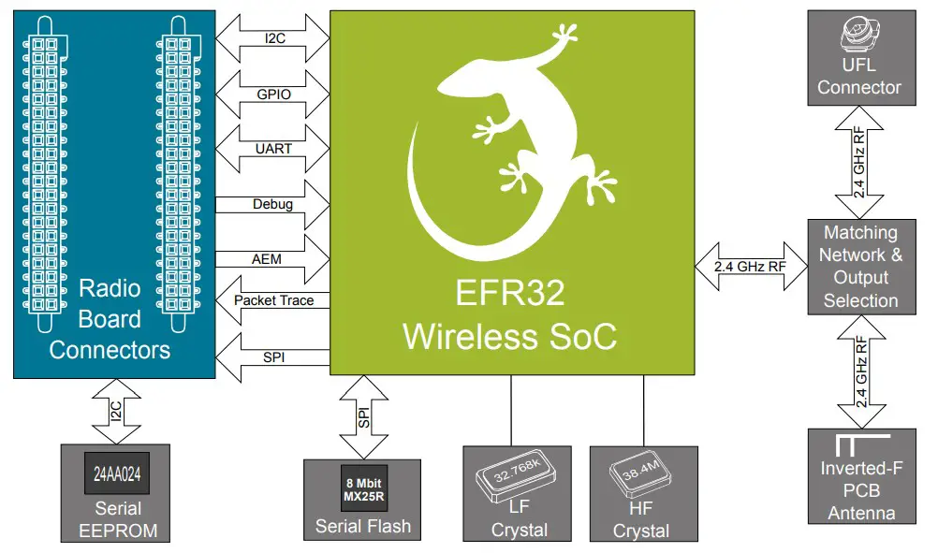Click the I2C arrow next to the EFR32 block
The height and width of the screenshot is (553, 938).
(x=272, y=40)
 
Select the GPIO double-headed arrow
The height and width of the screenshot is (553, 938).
(x=272, y=95)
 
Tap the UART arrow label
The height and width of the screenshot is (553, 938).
(x=272, y=149)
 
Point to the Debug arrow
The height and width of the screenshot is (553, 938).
(x=272, y=204)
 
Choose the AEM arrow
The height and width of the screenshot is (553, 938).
(x=272, y=257)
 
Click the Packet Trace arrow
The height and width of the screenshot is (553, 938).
(x=272, y=301)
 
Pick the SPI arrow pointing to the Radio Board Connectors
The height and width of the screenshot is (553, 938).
(x=272, y=357)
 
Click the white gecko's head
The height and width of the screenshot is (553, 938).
(x=563, y=39)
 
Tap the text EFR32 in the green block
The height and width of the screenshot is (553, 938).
(x=509, y=294)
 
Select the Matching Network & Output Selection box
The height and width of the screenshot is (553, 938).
(x=860, y=267)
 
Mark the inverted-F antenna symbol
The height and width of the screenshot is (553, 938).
(x=852, y=444)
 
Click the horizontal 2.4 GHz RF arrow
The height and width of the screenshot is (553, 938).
(x=752, y=266)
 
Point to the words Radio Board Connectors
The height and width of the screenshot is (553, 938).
(x=110, y=318)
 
